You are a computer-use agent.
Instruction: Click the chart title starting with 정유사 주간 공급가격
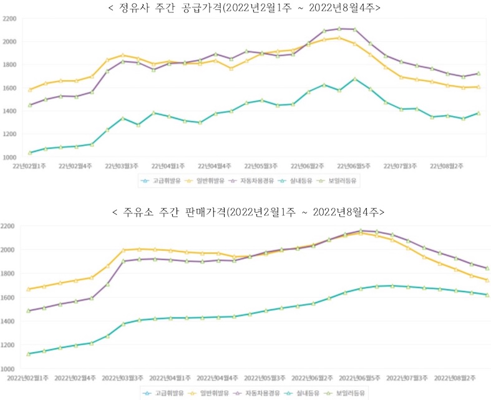[x=245, y=8]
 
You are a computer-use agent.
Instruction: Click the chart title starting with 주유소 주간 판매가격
[x=245, y=213]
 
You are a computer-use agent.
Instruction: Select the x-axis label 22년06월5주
[x=354, y=166]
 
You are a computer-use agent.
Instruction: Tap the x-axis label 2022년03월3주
[x=122, y=378]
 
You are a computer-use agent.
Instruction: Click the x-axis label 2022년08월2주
[x=454, y=378]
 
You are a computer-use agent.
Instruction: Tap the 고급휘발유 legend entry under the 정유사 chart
[x=162, y=181]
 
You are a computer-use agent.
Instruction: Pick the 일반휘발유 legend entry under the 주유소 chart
[x=209, y=393]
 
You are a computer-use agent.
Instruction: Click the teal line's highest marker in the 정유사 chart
[x=354, y=79]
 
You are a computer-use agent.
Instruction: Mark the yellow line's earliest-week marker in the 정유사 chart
[x=30, y=90]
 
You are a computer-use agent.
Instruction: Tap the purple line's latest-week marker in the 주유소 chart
[x=487, y=268]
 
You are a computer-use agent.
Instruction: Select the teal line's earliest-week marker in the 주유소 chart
[x=29, y=354]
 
